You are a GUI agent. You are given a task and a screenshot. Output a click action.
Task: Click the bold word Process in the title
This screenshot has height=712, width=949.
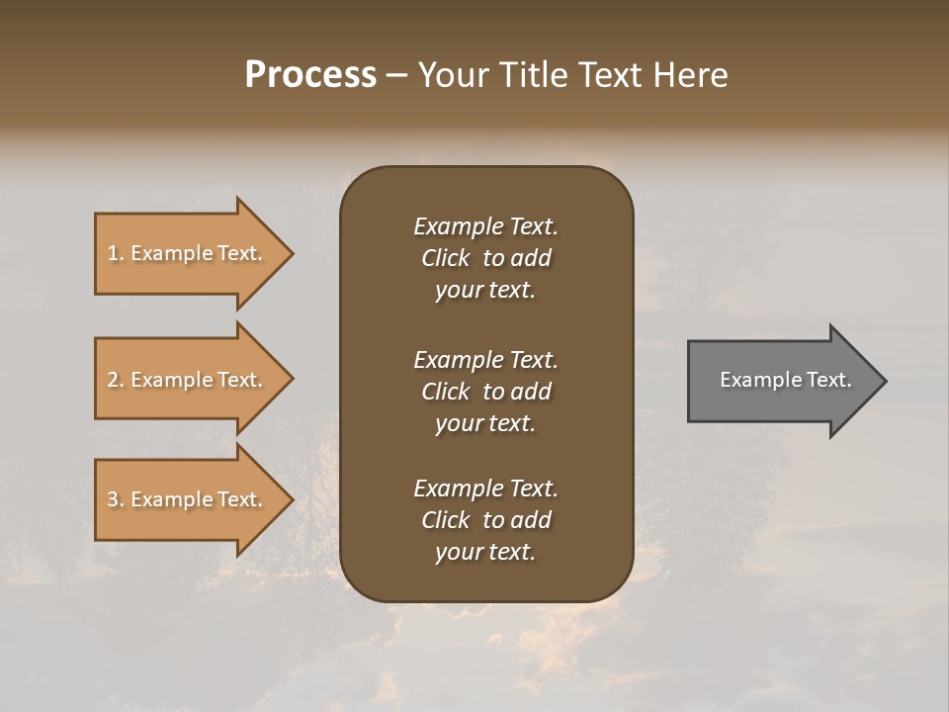click(310, 75)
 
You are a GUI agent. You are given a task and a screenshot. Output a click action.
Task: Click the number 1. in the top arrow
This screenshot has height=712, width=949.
click(115, 253)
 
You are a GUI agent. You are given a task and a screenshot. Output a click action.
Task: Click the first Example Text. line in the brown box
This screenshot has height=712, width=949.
click(485, 226)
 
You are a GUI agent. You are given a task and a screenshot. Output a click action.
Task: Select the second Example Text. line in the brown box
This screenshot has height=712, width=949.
click(485, 360)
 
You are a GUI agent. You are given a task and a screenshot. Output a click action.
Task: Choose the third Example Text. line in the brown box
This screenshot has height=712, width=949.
click(485, 489)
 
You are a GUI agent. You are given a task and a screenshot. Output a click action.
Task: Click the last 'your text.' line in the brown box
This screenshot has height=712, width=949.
click(485, 552)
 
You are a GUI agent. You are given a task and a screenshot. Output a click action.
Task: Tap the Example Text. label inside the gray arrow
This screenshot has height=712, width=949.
click(785, 380)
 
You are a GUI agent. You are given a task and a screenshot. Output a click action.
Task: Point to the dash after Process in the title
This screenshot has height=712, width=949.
click(396, 76)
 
